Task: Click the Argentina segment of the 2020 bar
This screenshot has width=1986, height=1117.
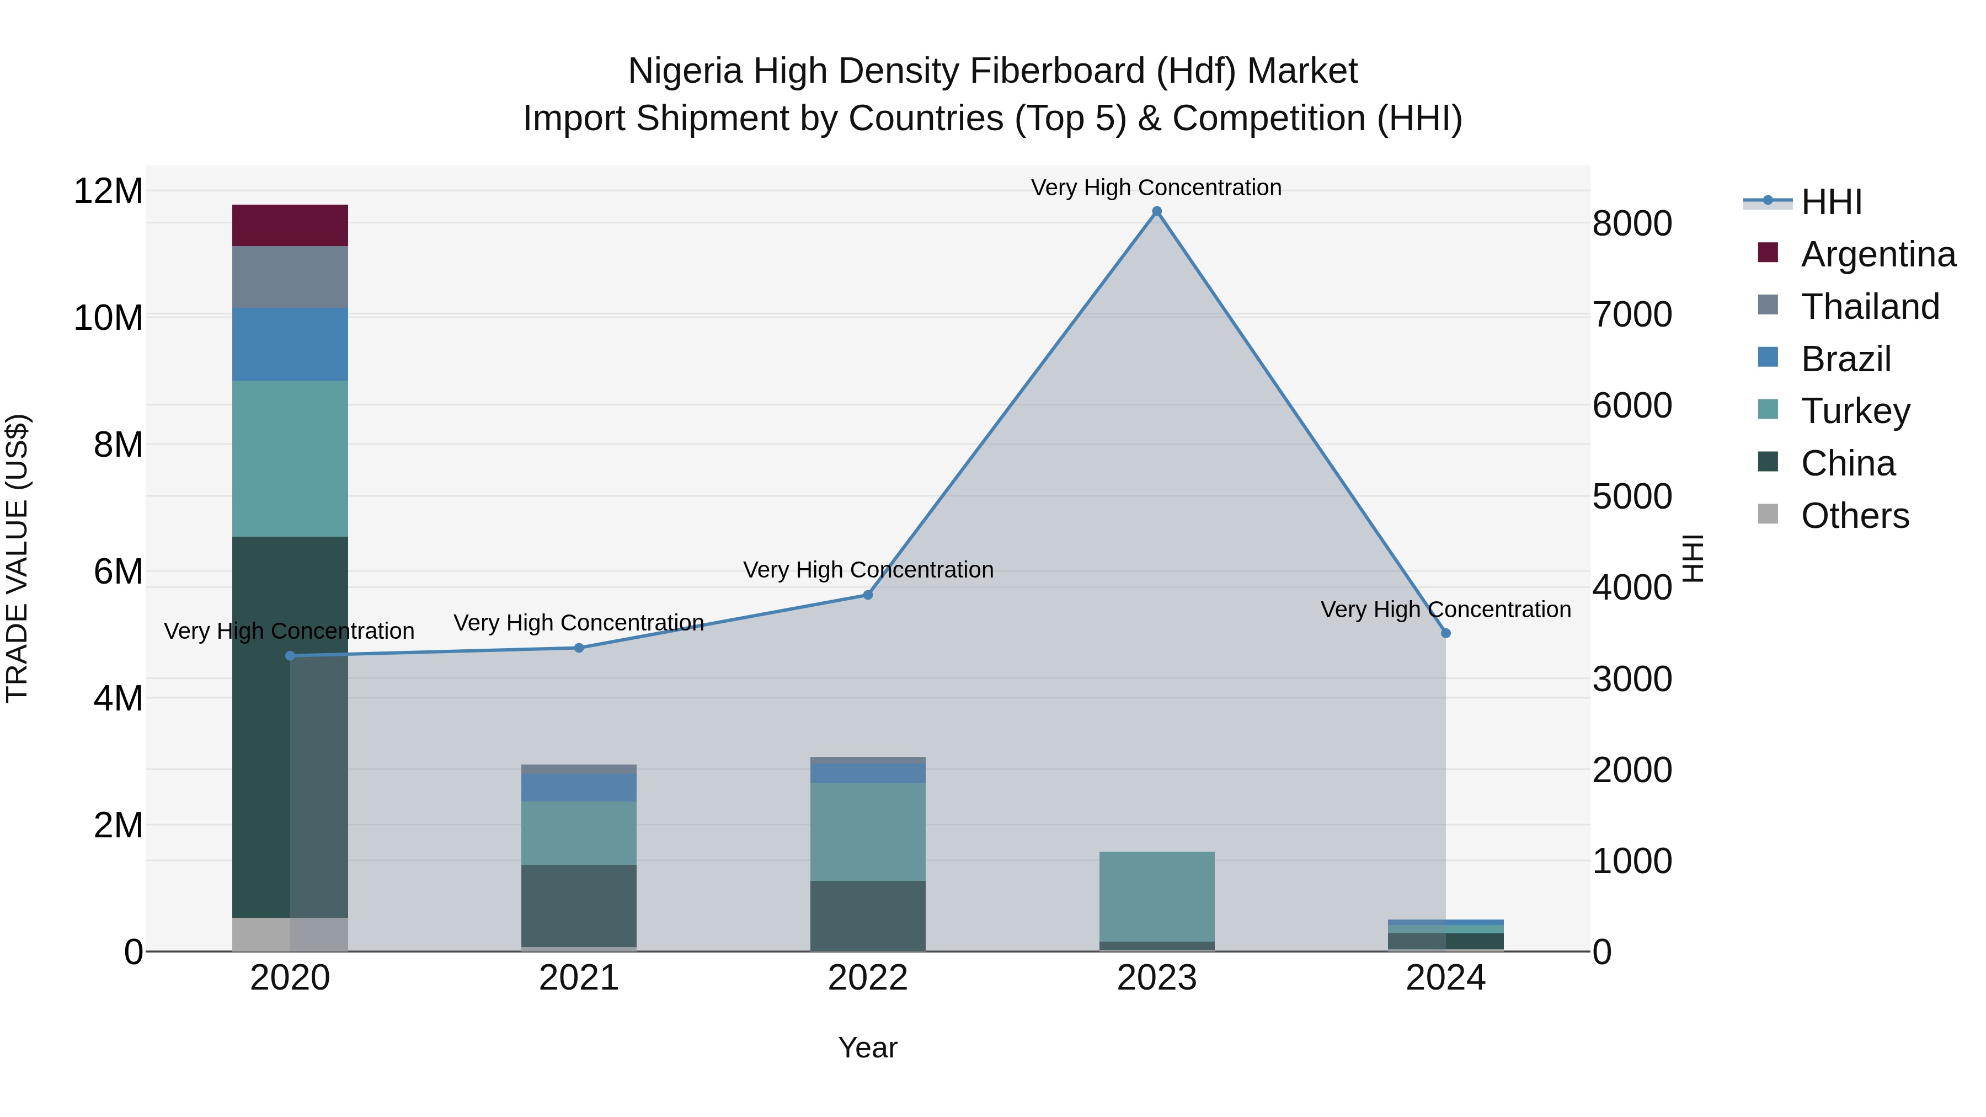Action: (x=290, y=225)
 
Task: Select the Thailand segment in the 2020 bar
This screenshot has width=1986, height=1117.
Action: (x=290, y=277)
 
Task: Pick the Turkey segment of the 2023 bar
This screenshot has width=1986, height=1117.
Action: (x=1156, y=896)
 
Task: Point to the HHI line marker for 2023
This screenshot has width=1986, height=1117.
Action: (x=1156, y=211)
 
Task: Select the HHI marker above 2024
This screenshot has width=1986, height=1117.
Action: (x=1445, y=633)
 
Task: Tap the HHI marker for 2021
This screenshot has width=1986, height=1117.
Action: (x=579, y=648)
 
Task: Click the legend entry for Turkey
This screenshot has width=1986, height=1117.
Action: (x=1855, y=411)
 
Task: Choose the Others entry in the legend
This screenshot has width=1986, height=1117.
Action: (x=1854, y=516)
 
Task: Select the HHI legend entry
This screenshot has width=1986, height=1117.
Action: (x=1831, y=202)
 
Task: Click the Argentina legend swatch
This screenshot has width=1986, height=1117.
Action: (x=1768, y=253)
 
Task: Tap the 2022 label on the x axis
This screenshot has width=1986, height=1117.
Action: (x=867, y=978)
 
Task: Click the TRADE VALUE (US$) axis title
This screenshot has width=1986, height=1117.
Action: (x=17, y=558)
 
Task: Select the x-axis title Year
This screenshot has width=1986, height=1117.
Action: (x=867, y=1047)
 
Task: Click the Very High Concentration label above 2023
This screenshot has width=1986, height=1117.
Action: (x=1156, y=188)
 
